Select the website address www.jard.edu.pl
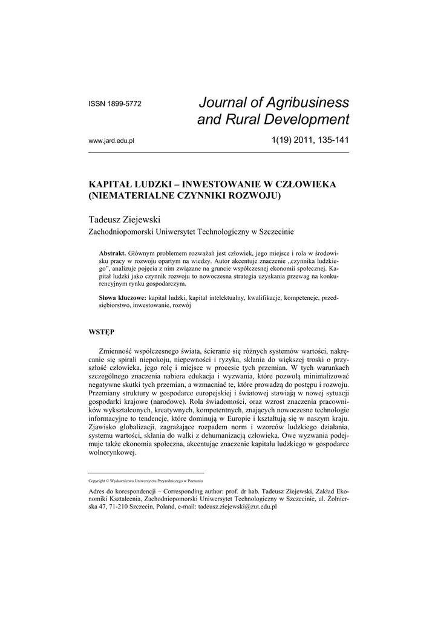point(111,141)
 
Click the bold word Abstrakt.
point(111,252)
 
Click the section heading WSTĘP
point(102,331)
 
